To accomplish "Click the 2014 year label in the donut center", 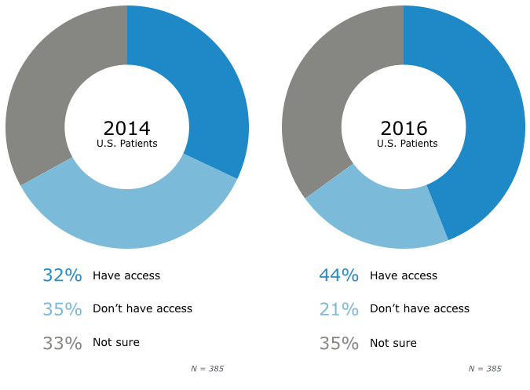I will point(126,128).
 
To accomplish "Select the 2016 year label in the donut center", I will point(404,128).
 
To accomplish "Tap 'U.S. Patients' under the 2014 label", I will point(126,144).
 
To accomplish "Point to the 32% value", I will point(62,275).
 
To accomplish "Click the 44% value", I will point(339,275).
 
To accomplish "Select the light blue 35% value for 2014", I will point(62,309).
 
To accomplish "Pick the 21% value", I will point(339,309).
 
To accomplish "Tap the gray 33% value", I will point(62,343).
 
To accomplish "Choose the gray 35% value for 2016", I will point(339,343).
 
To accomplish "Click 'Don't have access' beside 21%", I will point(419,308).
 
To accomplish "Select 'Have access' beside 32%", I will point(126,275).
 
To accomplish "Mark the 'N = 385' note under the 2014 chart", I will point(207,368).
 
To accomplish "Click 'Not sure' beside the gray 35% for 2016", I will point(393,343).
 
